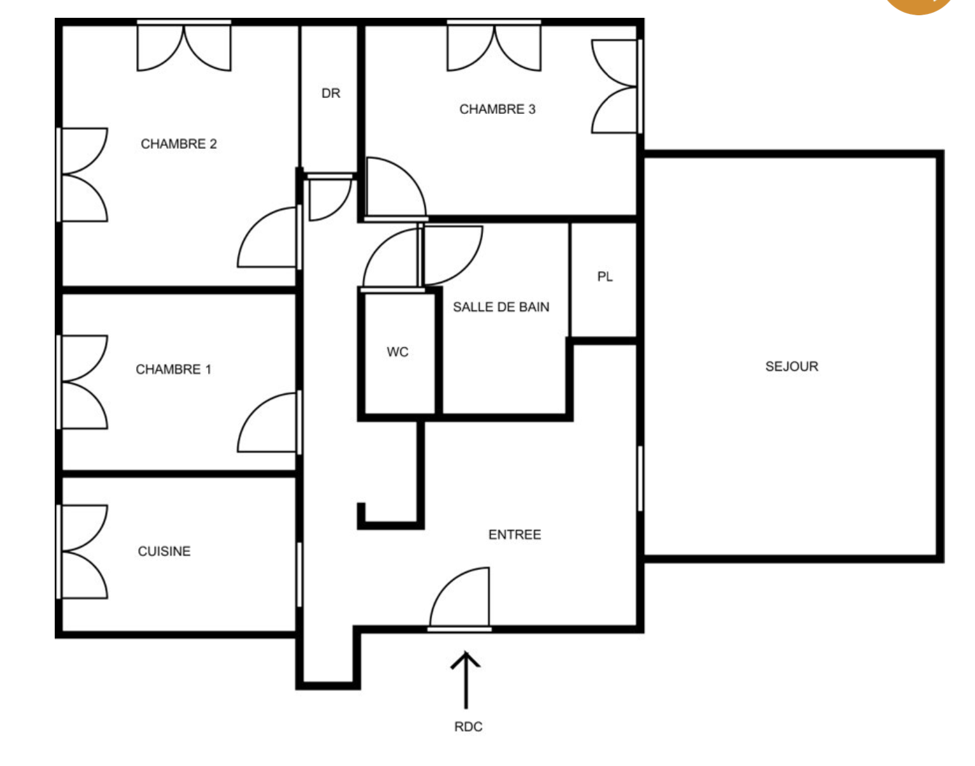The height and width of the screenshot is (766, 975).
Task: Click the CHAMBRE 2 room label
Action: pos(179,144)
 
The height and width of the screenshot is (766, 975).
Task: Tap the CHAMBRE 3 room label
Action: pos(497,109)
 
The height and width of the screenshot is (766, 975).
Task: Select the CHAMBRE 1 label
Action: pos(173,369)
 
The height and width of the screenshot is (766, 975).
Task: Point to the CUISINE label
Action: pos(164,551)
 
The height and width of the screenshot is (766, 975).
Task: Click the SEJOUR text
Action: pos(792,366)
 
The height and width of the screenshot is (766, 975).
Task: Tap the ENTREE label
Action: pos(515,534)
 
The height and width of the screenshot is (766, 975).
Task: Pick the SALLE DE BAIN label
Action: pos(502,307)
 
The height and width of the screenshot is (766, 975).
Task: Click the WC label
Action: pos(398,352)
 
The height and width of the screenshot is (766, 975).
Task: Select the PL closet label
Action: pos(605,277)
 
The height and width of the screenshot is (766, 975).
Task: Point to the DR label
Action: pos(331,94)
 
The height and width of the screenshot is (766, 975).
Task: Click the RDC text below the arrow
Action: pos(468,727)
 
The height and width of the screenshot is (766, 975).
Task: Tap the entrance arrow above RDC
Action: pos(466,680)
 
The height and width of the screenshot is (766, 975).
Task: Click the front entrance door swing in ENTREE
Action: pos(459,597)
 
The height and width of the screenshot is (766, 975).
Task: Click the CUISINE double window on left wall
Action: pos(82,551)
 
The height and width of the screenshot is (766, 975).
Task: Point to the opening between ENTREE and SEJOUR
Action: pos(640,478)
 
